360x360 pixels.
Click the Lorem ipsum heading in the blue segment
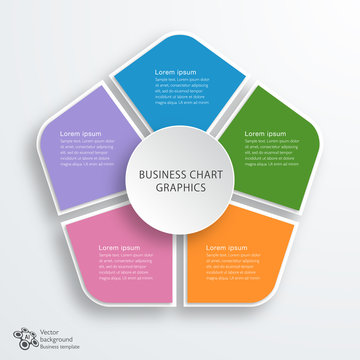click(177, 72)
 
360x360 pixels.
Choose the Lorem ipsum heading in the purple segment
click(82, 133)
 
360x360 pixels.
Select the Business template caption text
click(57, 347)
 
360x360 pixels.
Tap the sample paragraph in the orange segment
click(233, 266)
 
